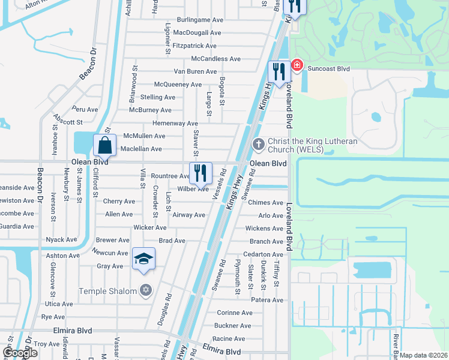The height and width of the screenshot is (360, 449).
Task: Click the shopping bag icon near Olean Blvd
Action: tap(104, 145)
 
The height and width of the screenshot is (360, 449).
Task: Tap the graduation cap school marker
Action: tap(144, 259)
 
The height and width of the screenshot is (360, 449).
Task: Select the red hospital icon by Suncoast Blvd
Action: tap(297, 65)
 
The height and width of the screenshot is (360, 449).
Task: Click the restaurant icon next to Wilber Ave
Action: tap(201, 173)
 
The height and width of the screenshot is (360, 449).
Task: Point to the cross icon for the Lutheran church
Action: tap(259, 144)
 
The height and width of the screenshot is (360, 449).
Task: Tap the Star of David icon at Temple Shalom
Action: tap(145, 291)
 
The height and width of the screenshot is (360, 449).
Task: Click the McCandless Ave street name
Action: tap(215, 59)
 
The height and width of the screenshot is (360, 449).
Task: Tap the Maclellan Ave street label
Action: tap(141, 149)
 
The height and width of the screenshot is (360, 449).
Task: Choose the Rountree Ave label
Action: tap(170, 176)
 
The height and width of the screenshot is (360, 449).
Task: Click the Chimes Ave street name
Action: tap(265, 203)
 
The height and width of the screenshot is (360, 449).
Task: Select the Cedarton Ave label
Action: tap(263, 254)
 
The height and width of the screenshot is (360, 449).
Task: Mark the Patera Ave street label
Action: tap(267, 300)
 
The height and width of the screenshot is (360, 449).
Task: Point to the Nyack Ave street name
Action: tap(61, 239)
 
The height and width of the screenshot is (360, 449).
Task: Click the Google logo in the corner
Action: tap(20, 353)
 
